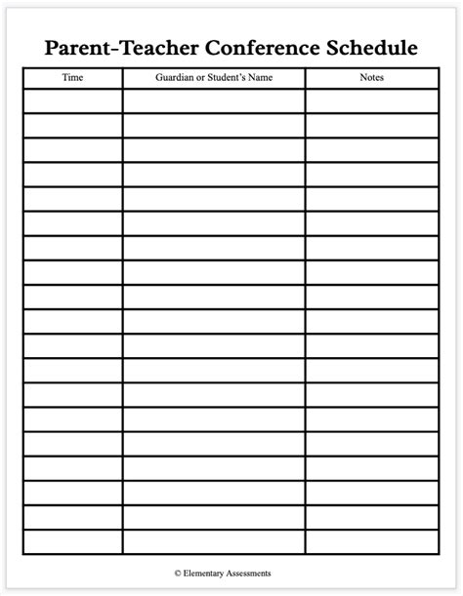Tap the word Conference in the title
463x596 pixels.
(256, 48)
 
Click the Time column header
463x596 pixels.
(72, 77)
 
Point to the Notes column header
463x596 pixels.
(372, 77)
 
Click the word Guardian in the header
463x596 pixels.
(174, 77)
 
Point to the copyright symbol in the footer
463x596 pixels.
(179, 573)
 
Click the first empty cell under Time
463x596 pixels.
(72, 100)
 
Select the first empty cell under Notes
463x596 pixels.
(372, 100)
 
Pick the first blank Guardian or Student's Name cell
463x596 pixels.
(213, 100)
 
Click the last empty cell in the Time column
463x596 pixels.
(72, 541)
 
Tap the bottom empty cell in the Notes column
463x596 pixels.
(372, 541)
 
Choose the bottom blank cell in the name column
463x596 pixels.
(213, 541)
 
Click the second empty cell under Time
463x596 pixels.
(72, 125)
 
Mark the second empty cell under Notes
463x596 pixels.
(372, 125)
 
